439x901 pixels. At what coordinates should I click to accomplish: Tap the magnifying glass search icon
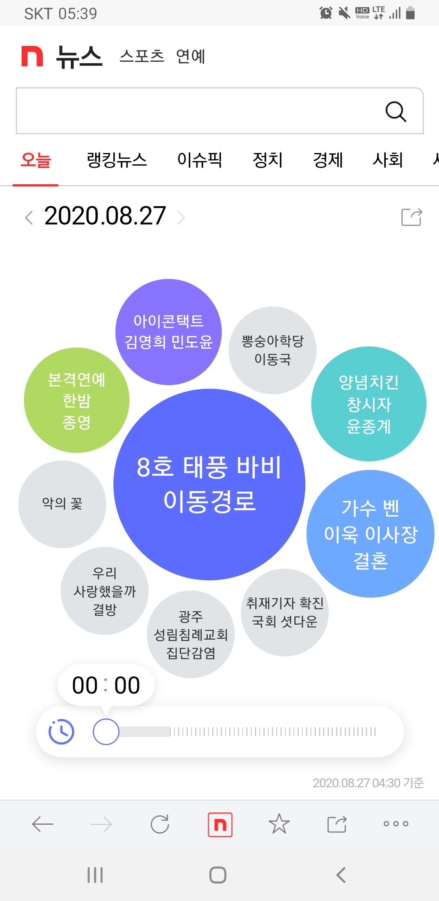pos(396,112)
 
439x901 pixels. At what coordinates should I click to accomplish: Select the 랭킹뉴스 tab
pos(117,160)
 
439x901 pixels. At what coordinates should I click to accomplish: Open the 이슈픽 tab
pos(200,160)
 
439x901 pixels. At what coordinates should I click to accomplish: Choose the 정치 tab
pos(267,160)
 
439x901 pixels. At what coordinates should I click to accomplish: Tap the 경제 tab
pos(328,160)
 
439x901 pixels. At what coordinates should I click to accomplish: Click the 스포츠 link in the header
pos(141,56)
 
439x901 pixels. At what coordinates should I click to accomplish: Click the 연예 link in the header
pos(191,56)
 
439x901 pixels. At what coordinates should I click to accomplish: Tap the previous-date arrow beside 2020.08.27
pos(29,218)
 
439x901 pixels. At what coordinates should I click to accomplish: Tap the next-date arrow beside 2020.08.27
pos(181,218)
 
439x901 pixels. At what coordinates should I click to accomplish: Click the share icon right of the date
pos(411,217)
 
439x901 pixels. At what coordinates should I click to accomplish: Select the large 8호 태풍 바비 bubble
pos(209,485)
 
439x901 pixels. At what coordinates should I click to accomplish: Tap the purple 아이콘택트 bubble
pos(168,332)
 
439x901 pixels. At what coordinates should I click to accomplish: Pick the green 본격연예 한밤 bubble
pos(76,400)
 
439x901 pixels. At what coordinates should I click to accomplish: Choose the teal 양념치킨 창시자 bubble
pos(369,404)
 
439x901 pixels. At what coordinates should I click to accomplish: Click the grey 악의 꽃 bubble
pos(62,504)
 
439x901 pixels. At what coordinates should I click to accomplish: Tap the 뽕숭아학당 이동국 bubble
pos(272,350)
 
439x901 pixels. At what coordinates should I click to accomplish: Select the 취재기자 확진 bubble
pos(285,612)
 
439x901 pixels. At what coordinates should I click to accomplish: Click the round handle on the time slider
pos(106,732)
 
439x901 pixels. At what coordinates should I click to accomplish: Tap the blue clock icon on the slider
pos(61,732)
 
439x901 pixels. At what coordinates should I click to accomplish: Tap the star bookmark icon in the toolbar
pos(279,824)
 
